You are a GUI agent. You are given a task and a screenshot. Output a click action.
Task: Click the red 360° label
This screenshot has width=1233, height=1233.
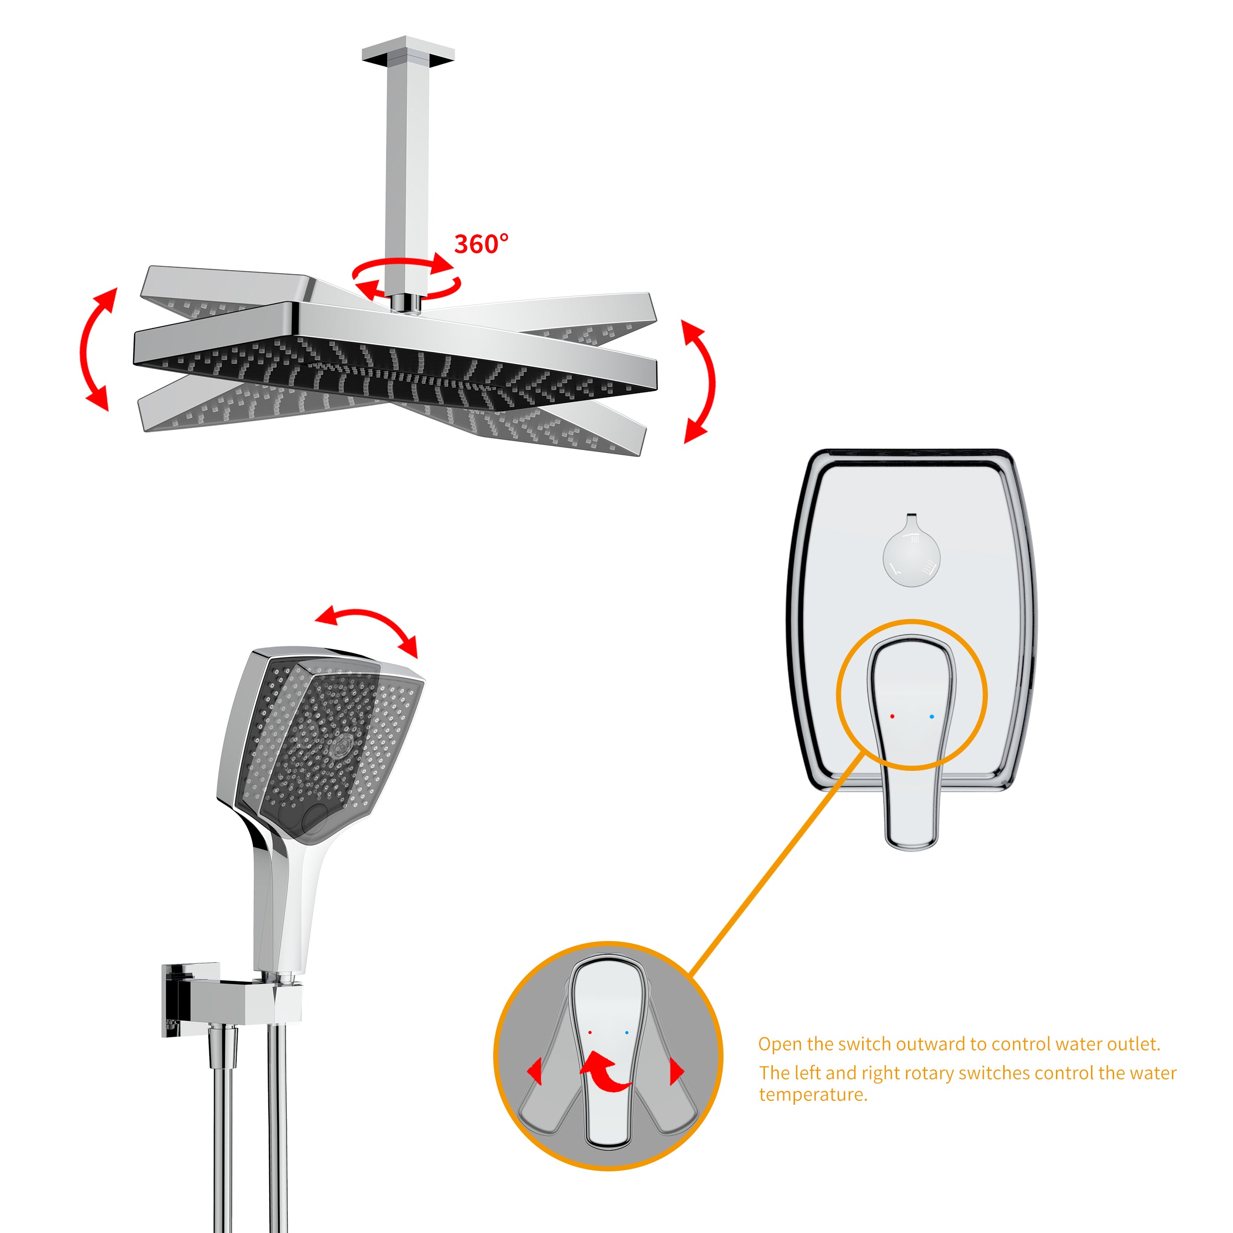pyautogui.click(x=481, y=244)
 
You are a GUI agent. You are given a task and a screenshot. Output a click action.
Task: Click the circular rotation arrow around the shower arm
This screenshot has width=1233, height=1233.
pyautogui.click(x=406, y=278)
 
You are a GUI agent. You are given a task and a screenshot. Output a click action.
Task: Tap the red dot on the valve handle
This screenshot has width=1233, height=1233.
pyautogui.click(x=892, y=717)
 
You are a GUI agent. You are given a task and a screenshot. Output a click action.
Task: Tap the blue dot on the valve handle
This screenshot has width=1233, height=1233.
pyautogui.click(x=932, y=717)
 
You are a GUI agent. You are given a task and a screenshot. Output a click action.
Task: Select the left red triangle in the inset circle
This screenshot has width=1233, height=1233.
pyautogui.click(x=535, y=1070)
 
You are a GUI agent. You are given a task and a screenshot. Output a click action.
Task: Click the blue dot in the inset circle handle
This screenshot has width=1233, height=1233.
pyautogui.click(x=627, y=1032)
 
